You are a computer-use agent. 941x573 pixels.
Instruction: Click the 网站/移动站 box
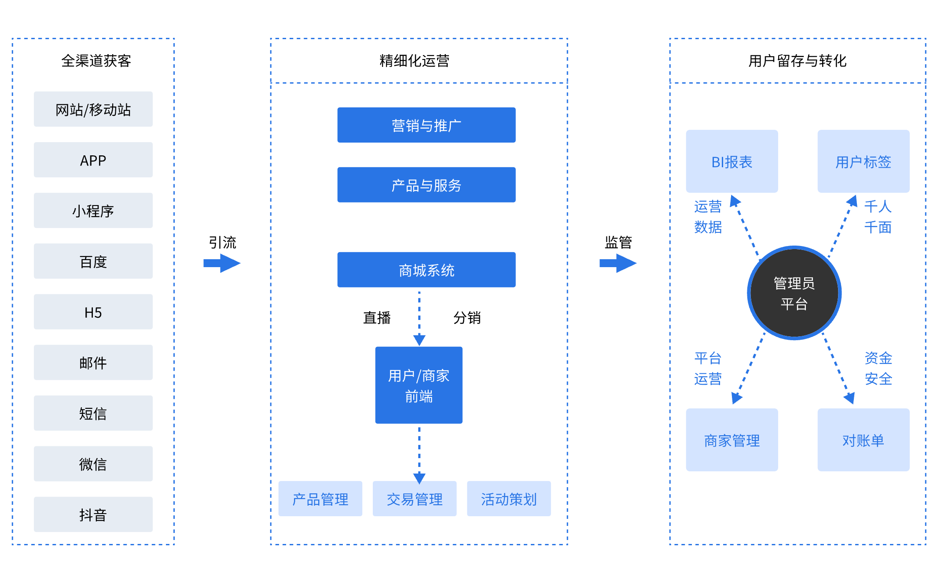[93, 109]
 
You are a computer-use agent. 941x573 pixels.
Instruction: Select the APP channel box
[93, 160]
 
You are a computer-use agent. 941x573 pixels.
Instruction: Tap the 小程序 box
[93, 210]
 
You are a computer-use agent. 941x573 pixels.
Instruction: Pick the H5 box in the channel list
[93, 312]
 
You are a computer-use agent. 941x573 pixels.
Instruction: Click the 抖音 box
[93, 514]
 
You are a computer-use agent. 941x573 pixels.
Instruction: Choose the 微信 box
[93, 464]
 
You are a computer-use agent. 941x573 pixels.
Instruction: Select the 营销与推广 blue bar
[426, 125]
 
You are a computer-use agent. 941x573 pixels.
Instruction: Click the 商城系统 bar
[426, 270]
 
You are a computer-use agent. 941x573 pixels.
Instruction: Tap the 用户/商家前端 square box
[419, 386]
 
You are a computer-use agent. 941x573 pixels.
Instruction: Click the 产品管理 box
[320, 499]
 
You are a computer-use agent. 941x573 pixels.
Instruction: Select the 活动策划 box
[509, 499]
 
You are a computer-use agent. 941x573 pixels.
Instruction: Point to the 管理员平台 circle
[794, 293]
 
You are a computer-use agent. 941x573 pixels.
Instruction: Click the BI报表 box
[731, 162]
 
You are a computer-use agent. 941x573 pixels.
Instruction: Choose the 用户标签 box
[863, 162]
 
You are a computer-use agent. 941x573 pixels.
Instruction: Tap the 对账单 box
[863, 440]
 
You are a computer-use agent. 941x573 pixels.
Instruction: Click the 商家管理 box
[731, 440]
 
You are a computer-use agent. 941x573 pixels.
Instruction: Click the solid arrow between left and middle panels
[222, 263]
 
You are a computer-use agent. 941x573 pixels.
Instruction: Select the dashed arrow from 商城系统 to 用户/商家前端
[419, 317]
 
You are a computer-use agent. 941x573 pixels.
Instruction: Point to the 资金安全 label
[878, 368]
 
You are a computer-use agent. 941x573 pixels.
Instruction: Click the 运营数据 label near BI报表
[708, 217]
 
